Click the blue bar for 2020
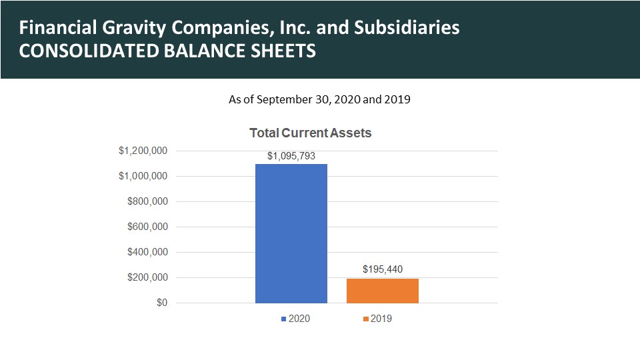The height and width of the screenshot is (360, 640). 291,233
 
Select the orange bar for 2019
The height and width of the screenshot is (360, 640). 383,291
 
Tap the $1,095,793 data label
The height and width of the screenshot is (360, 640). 291,156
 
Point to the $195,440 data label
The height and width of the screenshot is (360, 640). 383,269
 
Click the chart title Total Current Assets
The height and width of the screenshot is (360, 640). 310,133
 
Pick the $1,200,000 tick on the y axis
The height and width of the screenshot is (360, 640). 143,151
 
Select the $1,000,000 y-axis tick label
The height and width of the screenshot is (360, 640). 143,176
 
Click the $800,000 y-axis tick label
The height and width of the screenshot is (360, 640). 147,201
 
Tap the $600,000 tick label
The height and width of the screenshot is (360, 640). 147,227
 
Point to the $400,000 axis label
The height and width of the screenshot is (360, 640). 147,252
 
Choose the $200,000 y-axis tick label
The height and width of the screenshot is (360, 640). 147,277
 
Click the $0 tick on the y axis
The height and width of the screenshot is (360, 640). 162,303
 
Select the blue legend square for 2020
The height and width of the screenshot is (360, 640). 284,319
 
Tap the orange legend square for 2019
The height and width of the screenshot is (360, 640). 366,319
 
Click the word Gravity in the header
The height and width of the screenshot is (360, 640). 134,28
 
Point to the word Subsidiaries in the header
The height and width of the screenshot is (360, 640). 407,27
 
